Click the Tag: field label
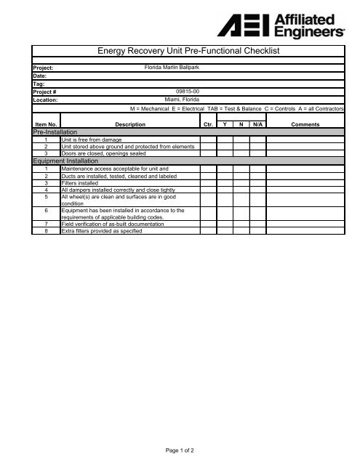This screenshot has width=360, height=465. coord(39,84)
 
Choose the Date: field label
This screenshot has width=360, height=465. coord(40,76)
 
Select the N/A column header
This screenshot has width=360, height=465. coord(256,125)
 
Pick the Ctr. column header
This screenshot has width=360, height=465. coord(207,125)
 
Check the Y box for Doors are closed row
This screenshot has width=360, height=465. coord(225,153)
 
